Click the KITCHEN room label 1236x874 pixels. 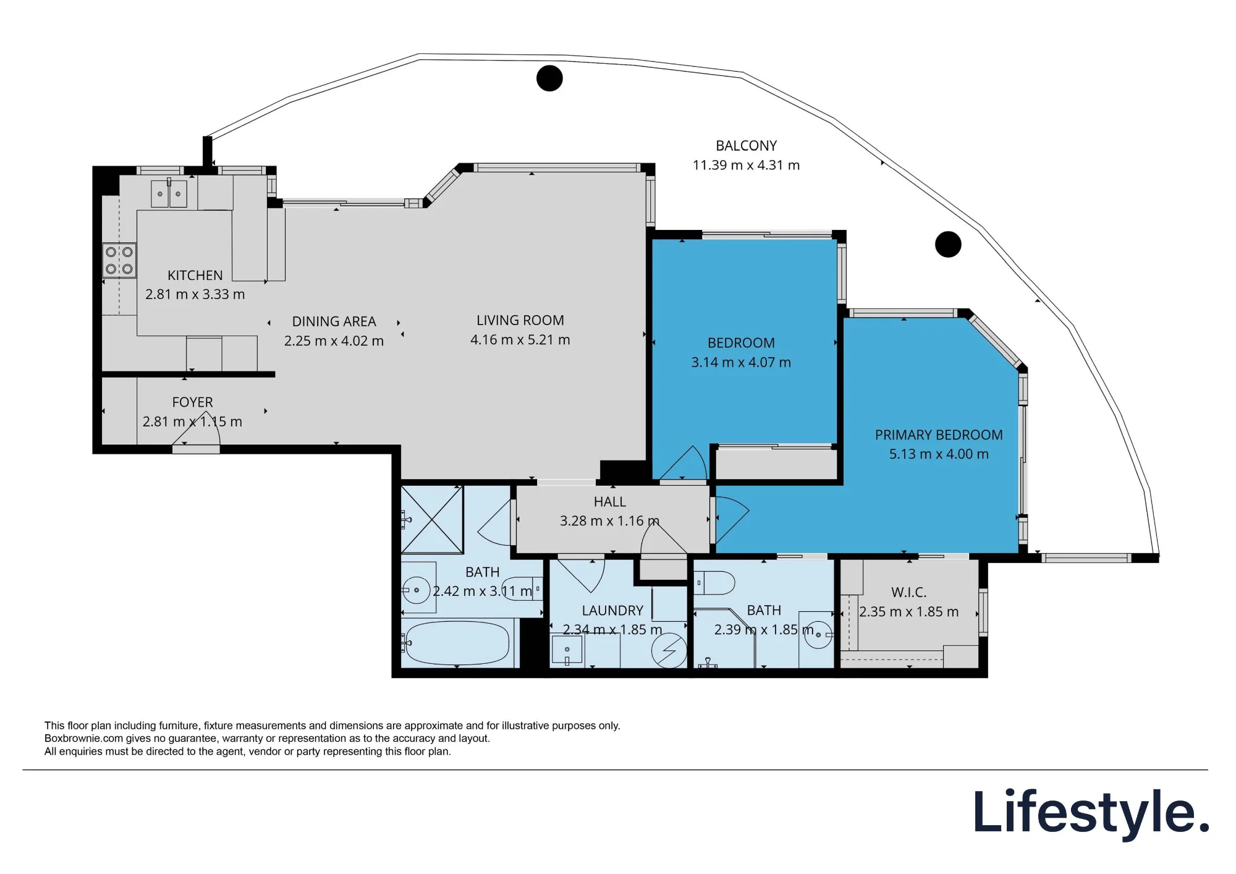pyautogui.click(x=195, y=275)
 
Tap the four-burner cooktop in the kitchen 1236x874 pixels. pyautogui.click(x=119, y=260)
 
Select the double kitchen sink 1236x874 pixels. pyautogui.click(x=169, y=194)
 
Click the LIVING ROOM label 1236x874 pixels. pyautogui.click(x=520, y=320)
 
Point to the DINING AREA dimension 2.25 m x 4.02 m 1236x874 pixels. pyautogui.click(x=334, y=341)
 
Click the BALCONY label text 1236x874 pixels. pyautogui.click(x=746, y=146)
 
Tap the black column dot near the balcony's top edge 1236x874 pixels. pyautogui.click(x=549, y=78)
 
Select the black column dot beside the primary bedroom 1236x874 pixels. pyautogui.click(x=948, y=244)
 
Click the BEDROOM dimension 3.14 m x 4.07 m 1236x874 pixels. pyautogui.click(x=741, y=362)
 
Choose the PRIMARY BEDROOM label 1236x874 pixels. pyautogui.click(x=939, y=435)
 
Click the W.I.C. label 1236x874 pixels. pyautogui.click(x=908, y=592)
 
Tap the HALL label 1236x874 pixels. pyautogui.click(x=609, y=502)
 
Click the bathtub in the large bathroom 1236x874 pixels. pyautogui.click(x=457, y=643)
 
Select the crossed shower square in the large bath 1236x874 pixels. pyautogui.click(x=432, y=519)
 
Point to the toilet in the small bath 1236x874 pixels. pyautogui.click(x=714, y=582)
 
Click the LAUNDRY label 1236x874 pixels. pyautogui.click(x=612, y=611)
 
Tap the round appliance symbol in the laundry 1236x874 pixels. pyautogui.click(x=669, y=651)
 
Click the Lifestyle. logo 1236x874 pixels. pyautogui.click(x=1091, y=812)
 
